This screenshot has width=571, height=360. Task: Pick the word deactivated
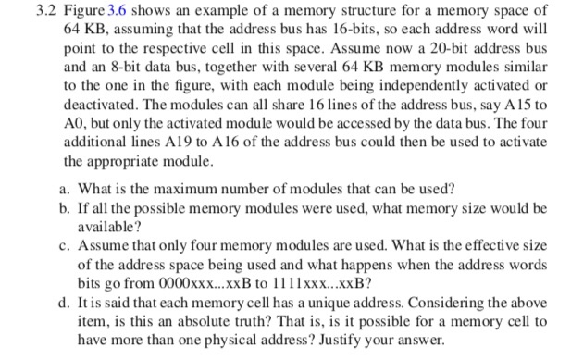tap(97, 100)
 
